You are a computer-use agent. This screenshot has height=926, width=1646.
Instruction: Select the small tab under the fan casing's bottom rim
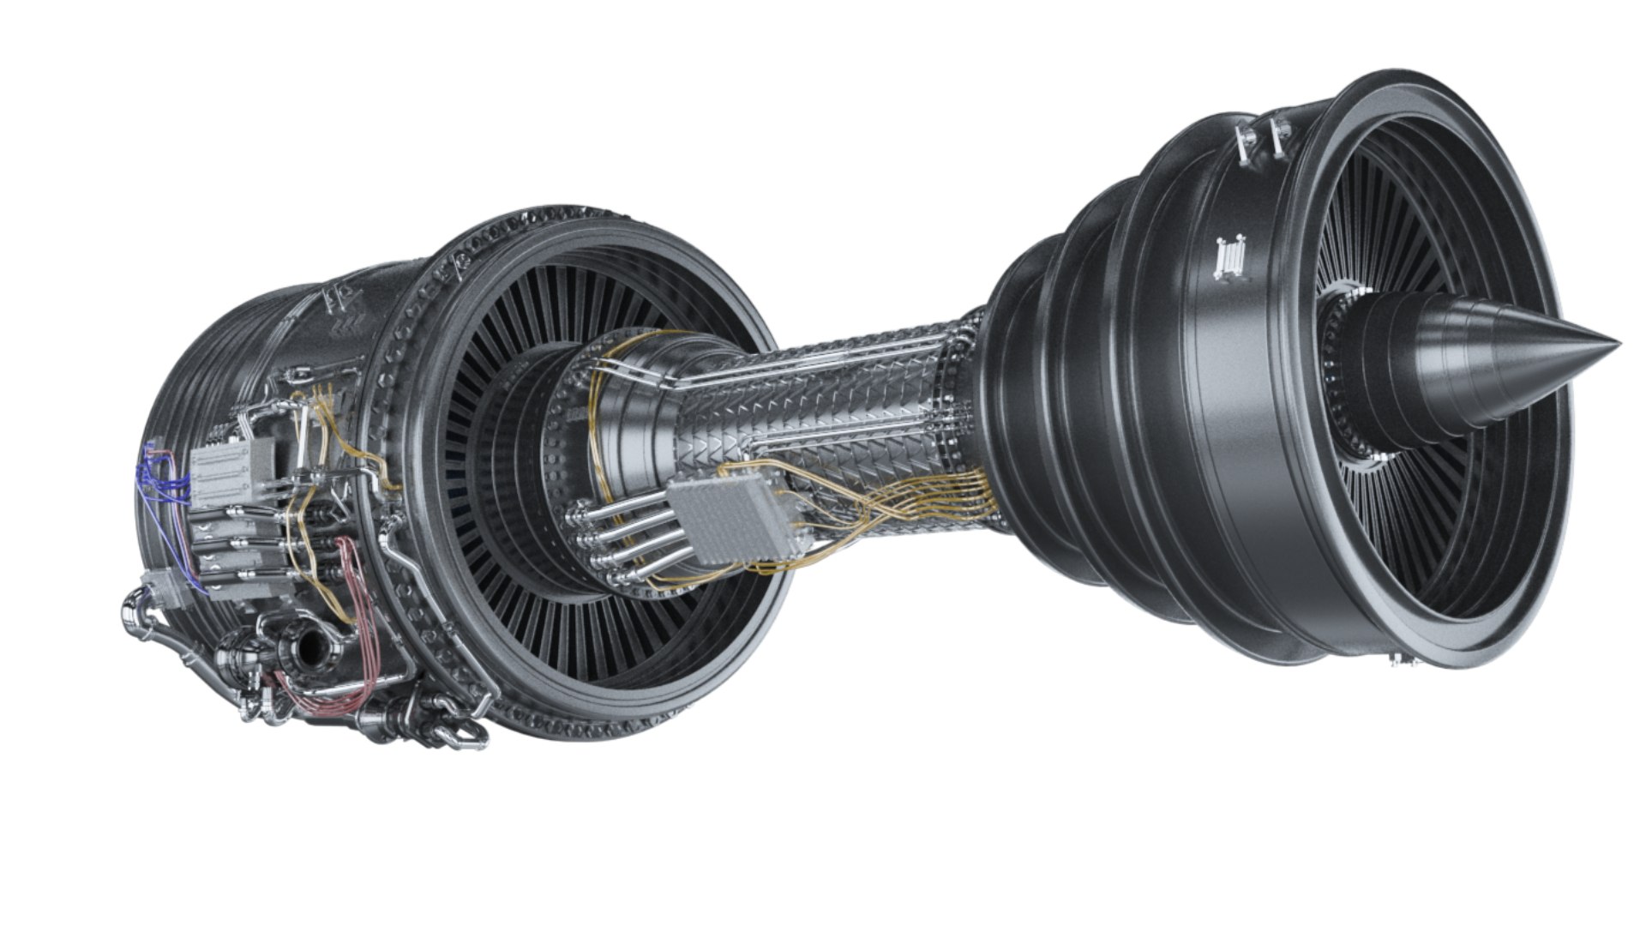pyautogui.click(x=1399, y=659)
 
